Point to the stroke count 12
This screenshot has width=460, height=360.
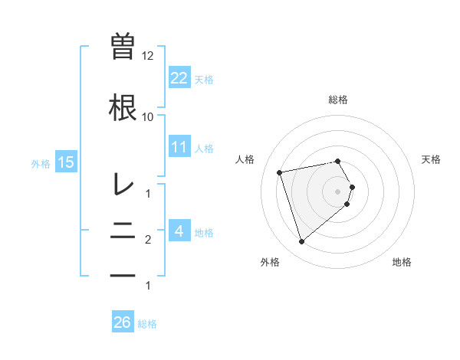[x=148, y=56]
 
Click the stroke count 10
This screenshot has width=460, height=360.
[x=148, y=116]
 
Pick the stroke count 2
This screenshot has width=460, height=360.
[x=148, y=241]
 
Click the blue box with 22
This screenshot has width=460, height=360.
[x=179, y=77]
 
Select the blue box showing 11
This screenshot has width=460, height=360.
[x=179, y=147]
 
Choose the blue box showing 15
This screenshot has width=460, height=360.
[x=66, y=162]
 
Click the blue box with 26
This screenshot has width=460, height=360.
[x=123, y=322]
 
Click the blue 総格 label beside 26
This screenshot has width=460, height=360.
[x=147, y=324]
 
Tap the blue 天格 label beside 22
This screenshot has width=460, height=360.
[x=203, y=79]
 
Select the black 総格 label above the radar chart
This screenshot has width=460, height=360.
[x=337, y=100]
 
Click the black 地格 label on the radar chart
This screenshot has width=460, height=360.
[x=402, y=262]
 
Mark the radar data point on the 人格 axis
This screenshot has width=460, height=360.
[x=280, y=172]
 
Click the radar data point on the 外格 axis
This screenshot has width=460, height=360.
[x=301, y=241]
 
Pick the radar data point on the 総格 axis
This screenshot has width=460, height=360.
[x=337, y=161]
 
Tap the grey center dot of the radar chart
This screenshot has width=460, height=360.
[x=337, y=191]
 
